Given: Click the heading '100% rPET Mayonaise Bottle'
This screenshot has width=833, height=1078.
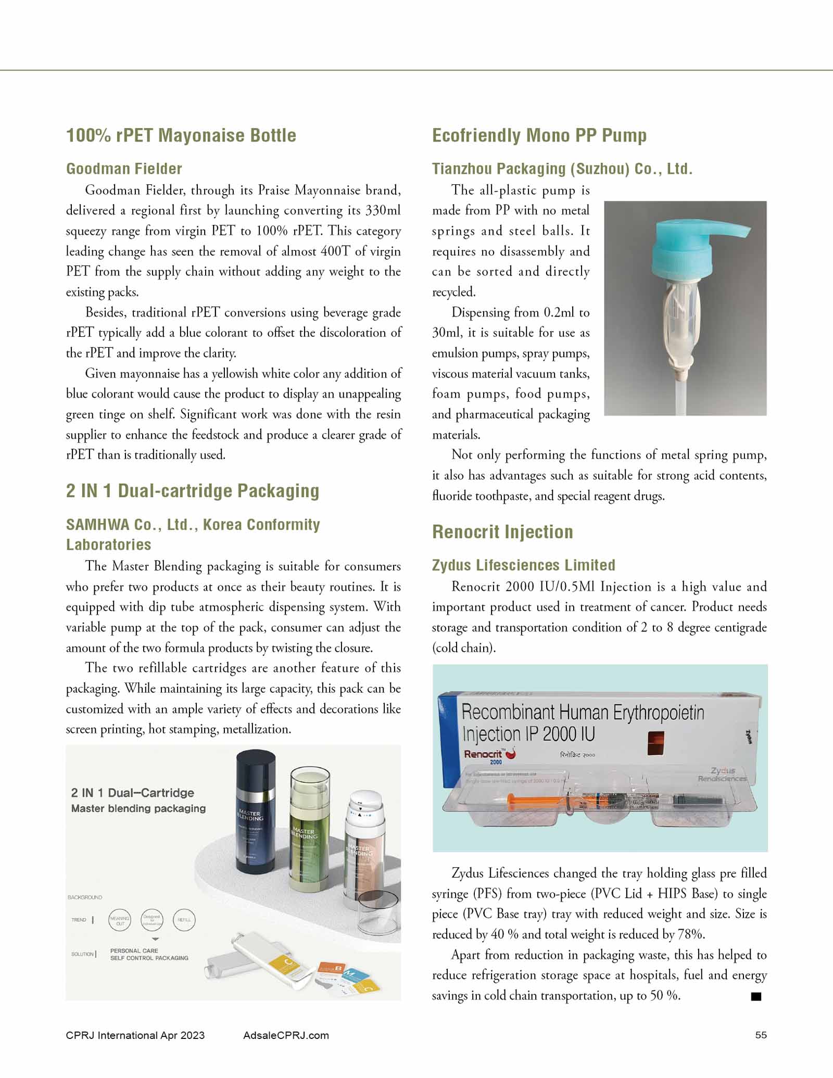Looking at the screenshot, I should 181,135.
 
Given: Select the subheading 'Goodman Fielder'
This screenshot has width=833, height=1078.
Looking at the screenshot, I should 124,169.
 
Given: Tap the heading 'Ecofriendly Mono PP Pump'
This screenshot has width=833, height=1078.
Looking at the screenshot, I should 539,135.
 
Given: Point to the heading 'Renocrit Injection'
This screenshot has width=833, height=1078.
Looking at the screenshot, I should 502,532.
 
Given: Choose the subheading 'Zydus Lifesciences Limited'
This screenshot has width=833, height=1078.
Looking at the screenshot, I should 523,565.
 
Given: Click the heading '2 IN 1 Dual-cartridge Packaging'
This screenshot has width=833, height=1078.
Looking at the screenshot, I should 193,491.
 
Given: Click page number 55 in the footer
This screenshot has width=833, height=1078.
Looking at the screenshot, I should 761,1035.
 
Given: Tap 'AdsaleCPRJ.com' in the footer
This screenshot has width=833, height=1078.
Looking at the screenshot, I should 286,1035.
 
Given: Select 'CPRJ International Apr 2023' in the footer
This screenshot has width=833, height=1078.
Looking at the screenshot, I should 135,1035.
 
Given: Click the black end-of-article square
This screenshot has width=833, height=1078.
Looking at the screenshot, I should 756,996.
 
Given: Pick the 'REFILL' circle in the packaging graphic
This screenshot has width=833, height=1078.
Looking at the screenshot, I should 184,920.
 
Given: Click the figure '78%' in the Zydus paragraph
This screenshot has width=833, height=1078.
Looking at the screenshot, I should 691,934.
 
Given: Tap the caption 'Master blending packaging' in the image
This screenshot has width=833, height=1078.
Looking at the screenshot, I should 138,808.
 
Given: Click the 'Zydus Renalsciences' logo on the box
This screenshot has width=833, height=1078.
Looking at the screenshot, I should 722,775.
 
